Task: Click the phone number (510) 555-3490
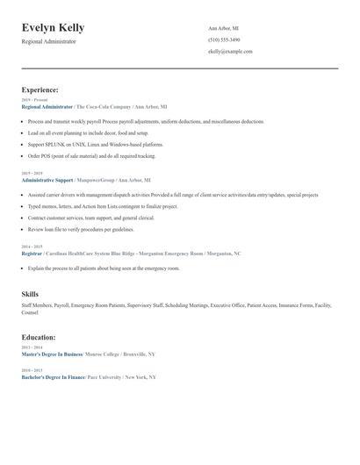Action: pyautogui.click(x=224, y=39)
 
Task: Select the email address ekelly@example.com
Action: pyautogui.click(x=230, y=51)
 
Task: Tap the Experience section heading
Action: pyautogui.click(x=40, y=89)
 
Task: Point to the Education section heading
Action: pyautogui.click(x=39, y=336)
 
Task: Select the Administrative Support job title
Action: pyautogui.click(x=47, y=179)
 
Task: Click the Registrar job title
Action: pyautogui.click(x=32, y=253)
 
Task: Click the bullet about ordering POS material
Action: pyautogui.click(x=91, y=155)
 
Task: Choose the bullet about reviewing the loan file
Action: pyautogui.click(x=81, y=229)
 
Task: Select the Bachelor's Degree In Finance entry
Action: pyautogui.click(x=53, y=376)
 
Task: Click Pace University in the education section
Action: pyautogui.click(x=104, y=376)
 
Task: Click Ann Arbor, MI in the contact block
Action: pyautogui.click(x=223, y=28)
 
